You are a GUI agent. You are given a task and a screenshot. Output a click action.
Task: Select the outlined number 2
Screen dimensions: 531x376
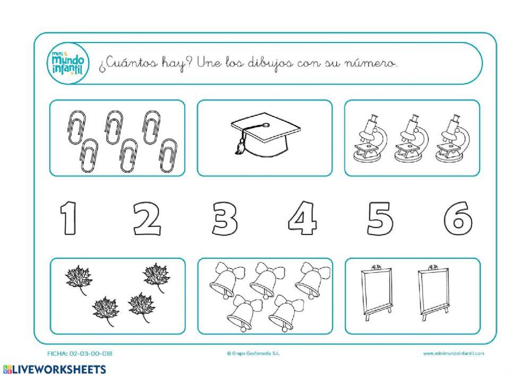click(147, 219)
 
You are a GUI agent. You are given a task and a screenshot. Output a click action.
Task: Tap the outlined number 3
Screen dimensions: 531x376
click(225, 219)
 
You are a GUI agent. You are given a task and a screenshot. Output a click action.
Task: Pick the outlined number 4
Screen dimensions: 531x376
click(303, 218)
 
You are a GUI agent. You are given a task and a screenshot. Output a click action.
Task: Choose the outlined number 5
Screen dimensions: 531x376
click(380, 219)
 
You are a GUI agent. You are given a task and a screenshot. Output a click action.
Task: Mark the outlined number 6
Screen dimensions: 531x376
click(458, 219)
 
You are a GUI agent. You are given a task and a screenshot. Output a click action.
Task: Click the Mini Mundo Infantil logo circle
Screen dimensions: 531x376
click(67, 63)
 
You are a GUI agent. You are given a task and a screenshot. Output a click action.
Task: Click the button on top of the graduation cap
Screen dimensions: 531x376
click(266, 124)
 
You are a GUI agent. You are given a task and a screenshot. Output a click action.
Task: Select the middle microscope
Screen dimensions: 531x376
click(411, 138)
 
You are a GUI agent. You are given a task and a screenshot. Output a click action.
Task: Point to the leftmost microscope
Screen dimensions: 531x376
click(370, 138)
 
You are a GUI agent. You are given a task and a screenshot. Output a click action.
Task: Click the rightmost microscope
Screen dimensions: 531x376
click(452, 138)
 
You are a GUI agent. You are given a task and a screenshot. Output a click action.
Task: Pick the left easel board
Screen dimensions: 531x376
click(377, 293)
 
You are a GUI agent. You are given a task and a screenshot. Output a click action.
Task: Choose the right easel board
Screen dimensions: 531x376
click(434, 293)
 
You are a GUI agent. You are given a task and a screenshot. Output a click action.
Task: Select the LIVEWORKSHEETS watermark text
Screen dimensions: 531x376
click(54, 369)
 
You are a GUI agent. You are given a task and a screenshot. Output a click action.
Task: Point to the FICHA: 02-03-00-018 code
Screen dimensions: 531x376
click(80, 353)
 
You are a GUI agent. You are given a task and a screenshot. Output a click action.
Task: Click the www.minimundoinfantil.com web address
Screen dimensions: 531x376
click(453, 353)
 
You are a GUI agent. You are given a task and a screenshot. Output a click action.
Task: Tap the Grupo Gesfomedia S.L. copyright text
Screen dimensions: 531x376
click(254, 353)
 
